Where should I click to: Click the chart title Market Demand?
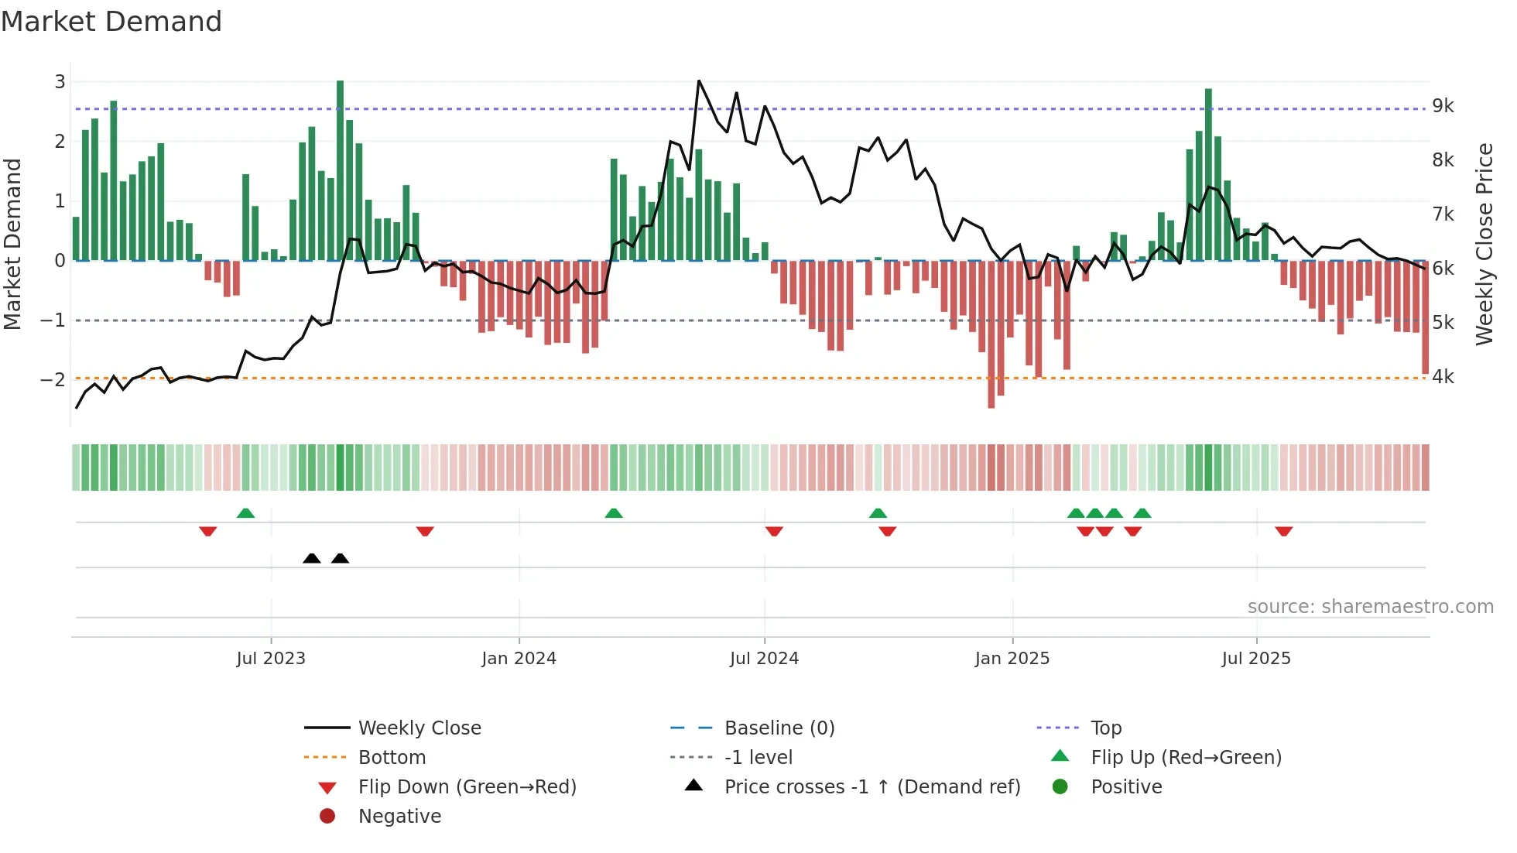tap(111, 22)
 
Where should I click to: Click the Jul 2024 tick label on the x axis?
tap(764, 659)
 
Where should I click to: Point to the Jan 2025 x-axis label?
tap(1012, 659)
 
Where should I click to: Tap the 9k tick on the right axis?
tap(1443, 106)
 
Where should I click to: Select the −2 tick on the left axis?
tap(53, 379)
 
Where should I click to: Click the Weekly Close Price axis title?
tap(1484, 244)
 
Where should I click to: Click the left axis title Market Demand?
tap(13, 244)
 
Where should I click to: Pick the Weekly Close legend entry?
tap(419, 728)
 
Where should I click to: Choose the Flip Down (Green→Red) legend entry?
tap(467, 787)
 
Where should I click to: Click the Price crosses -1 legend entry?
tap(872, 787)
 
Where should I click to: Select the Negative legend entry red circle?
tap(327, 817)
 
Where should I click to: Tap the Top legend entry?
tap(1105, 728)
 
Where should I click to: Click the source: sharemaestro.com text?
tap(1370, 607)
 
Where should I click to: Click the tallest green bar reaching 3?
tap(341, 170)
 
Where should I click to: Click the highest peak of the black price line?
tap(699, 81)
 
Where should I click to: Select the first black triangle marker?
tap(312, 558)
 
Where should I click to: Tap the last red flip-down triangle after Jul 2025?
tap(1284, 531)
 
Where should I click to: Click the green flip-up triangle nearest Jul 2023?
tap(245, 513)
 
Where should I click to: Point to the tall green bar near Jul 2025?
tap(1208, 174)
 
